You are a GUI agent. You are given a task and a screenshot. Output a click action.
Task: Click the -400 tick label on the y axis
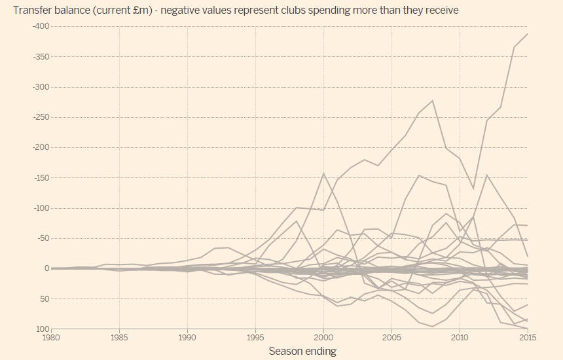pyautogui.click(x=41, y=26)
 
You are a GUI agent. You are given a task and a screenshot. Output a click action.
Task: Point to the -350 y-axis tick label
pyautogui.click(x=41, y=56)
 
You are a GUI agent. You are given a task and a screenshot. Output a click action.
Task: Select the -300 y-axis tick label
pyautogui.click(x=41, y=86)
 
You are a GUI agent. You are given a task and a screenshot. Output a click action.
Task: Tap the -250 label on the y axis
pyautogui.click(x=41, y=117)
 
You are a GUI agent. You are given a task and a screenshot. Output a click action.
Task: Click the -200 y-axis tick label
pyautogui.click(x=41, y=147)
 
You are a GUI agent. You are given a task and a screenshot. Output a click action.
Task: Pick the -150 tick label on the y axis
pyautogui.click(x=41, y=177)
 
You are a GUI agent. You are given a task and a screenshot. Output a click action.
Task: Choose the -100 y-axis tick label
pyautogui.click(x=41, y=208)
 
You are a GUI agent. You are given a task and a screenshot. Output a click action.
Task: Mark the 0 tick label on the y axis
pyautogui.click(x=46, y=268)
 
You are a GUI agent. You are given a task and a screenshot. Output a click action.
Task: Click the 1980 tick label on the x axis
pyautogui.click(x=52, y=337)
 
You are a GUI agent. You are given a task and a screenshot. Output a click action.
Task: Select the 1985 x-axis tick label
pyautogui.click(x=120, y=337)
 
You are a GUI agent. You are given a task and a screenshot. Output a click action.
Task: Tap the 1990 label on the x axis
pyautogui.click(x=188, y=337)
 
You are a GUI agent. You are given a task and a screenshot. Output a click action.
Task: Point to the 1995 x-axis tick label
pyautogui.click(x=256, y=337)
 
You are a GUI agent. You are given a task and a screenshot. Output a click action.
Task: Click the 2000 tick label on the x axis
pyautogui.click(x=324, y=337)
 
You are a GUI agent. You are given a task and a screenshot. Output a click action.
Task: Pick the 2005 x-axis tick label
pyautogui.click(x=391, y=337)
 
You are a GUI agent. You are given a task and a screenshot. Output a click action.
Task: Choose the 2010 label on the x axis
pyautogui.click(x=460, y=337)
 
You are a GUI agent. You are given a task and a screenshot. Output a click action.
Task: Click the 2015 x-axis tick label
pyautogui.click(x=526, y=337)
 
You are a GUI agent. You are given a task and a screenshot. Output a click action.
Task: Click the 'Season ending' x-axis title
pyautogui.click(x=302, y=351)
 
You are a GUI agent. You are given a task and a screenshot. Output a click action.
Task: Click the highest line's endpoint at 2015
pyautogui.click(x=528, y=33)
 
